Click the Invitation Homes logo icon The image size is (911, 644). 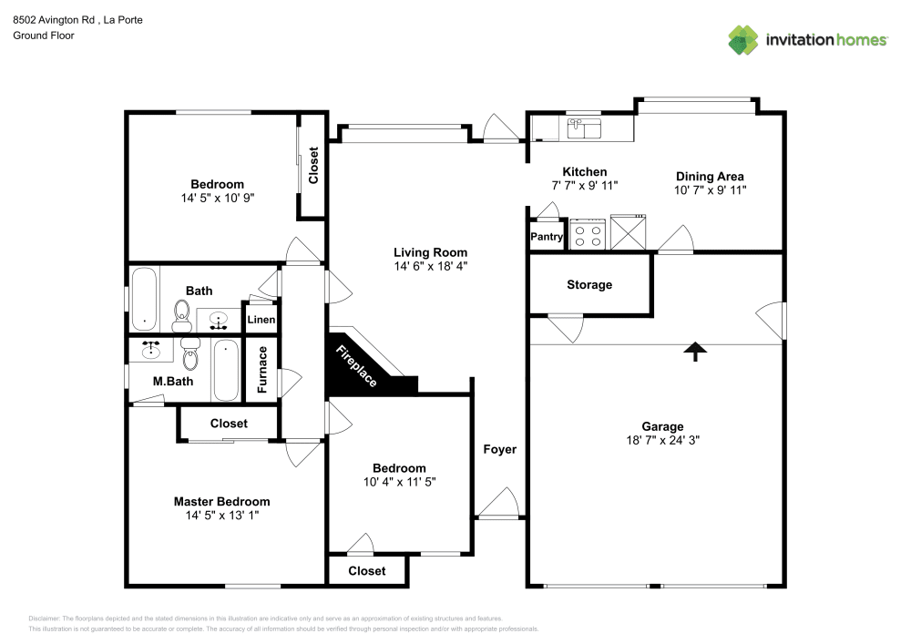click(x=743, y=40)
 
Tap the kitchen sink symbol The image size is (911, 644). click(x=584, y=128)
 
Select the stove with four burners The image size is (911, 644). click(x=588, y=234)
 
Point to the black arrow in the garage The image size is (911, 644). click(x=695, y=352)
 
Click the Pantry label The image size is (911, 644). click(x=546, y=236)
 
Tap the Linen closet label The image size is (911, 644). click(x=261, y=320)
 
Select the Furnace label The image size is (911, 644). click(x=262, y=369)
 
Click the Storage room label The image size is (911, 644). click(x=589, y=284)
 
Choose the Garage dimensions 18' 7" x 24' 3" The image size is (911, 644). click(x=662, y=440)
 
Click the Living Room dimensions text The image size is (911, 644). click(x=431, y=266)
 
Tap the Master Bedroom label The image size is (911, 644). click(x=222, y=501)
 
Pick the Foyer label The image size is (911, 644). click(x=499, y=449)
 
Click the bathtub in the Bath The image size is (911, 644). click(x=144, y=299)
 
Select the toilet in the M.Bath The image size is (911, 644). click(x=190, y=353)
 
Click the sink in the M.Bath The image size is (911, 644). click(x=151, y=350)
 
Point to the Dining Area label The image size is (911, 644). click(x=710, y=176)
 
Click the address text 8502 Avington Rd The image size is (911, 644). click(x=54, y=20)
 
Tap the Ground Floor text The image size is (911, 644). click(x=44, y=36)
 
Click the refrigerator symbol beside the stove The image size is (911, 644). click(x=628, y=232)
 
